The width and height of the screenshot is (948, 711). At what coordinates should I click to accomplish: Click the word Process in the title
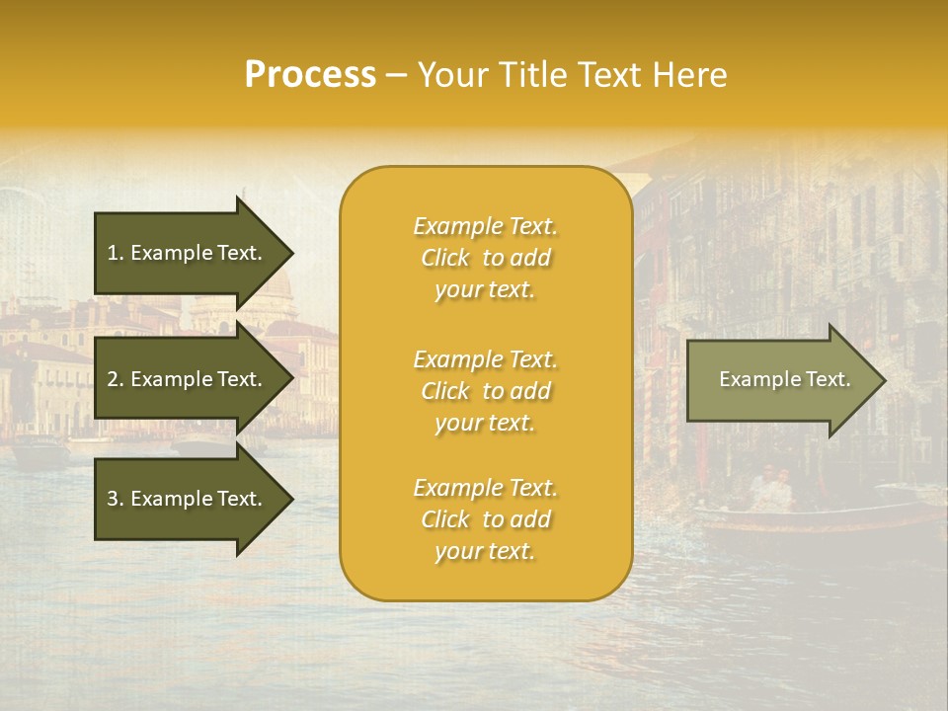[x=310, y=75]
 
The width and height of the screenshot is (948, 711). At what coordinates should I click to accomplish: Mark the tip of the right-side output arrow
[x=884, y=380]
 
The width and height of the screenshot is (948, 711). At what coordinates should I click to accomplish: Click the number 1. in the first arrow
[x=115, y=253]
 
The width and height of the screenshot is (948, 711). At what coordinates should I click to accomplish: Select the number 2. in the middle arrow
[x=115, y=379]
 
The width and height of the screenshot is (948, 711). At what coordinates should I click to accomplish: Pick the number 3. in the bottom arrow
[x=115, y=499]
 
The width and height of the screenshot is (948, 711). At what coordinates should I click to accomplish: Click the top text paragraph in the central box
[x=485, y=258]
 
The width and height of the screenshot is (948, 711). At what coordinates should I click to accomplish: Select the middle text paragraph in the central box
[x=485, y=391]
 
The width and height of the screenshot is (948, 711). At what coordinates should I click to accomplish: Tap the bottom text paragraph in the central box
[x=485, y=519]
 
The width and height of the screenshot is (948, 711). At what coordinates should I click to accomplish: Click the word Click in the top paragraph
[x=445, y=258]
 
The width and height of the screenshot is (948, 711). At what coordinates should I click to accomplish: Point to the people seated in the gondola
[x=770, y=489]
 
